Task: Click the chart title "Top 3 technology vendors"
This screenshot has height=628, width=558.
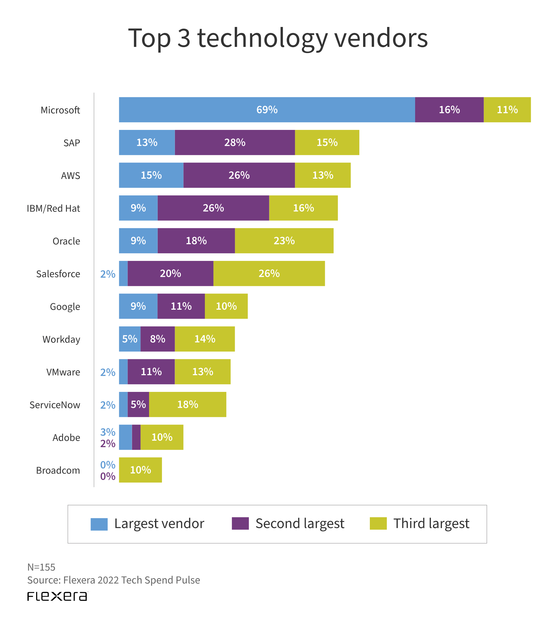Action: point(278,38)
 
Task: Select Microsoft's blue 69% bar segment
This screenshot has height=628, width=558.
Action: point(267,110)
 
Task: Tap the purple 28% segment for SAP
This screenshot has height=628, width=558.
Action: point(235,143)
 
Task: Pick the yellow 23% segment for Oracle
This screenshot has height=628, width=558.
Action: point(284,241)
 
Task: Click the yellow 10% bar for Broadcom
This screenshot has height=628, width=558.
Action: point(140,470)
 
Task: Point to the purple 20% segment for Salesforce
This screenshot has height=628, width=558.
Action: point(171,274)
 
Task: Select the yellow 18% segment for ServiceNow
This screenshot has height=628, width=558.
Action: point(188,404)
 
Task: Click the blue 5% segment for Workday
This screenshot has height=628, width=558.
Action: point(130,339)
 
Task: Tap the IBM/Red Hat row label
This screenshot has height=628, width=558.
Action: point(53,208)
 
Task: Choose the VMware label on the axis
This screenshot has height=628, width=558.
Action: point(63,372)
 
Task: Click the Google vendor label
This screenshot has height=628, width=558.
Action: point(65,307)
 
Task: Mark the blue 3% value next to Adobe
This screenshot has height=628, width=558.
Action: point(108,432)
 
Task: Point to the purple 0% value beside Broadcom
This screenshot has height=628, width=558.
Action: point(108,476)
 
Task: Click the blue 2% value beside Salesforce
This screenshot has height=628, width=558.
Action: point(108,274)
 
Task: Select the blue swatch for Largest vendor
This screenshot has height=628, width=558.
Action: point(99,524)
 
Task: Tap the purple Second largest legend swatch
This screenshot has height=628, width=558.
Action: point(240,523)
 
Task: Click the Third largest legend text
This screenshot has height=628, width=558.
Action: point(431,523)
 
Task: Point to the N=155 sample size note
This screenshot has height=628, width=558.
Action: point(42,567)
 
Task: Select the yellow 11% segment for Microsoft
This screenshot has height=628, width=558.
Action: point(507,110)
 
